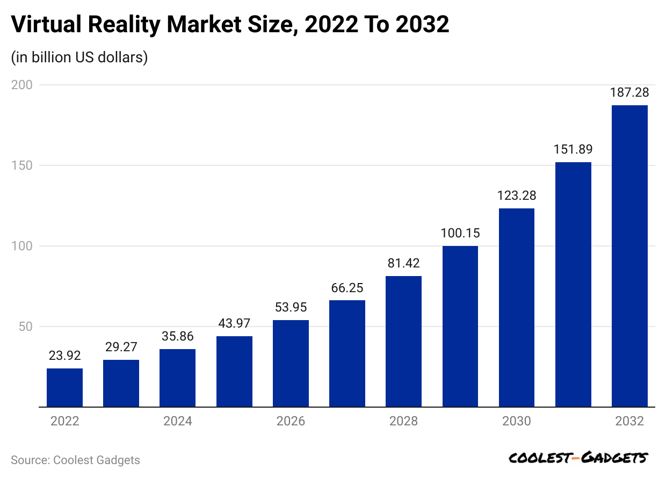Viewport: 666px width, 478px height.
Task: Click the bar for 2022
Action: click(64, 387)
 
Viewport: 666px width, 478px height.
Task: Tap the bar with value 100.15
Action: click(460, 326)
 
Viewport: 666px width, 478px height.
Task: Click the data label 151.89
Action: click(573, 149)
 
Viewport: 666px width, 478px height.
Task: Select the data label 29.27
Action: click(121, 347)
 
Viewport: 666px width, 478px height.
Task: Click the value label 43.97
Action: click(234, 323)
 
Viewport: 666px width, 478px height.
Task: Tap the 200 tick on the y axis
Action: click(22, 85)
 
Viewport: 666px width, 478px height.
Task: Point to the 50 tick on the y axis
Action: click(25, 327)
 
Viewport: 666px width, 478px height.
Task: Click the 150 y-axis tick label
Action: click(22, 165)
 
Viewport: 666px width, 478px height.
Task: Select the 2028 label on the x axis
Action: click(403, 421)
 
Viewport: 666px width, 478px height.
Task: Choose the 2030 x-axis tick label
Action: click(517, 421)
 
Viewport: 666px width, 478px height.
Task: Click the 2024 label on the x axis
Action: click(178, 421)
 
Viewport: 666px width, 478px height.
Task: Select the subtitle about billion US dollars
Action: click(79, 57)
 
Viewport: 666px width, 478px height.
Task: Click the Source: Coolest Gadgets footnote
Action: click(75, 460)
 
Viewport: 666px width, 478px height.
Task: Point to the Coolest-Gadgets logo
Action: click(578, 458)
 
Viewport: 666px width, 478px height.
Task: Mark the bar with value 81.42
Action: click(403, 342)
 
